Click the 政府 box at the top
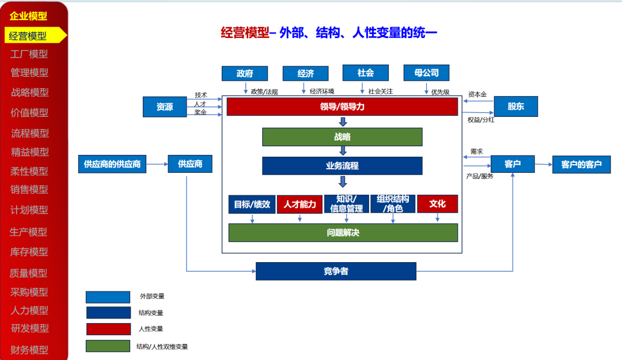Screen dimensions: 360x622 click(x=245, y=73)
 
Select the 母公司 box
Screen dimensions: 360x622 click(x=426, y=73)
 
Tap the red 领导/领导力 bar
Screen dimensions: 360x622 click(x=342, y=107)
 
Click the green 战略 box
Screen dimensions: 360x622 click(x=342, y=137)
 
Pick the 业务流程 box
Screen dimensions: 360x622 click(x=342, y=166)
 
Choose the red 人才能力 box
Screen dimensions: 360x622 click(x=299, y=204)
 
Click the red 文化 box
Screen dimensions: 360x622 click(x=437, y=204)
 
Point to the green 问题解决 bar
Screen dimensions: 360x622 click(x=343, y=233)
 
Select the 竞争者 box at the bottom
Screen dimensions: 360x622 click(x=336, y=271)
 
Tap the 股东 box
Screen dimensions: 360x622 click(x=515, y=107)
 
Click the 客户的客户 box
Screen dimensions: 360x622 click(x=581, y=164)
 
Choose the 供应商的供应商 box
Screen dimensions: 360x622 click(x=112, y=164)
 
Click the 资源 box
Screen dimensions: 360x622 click(x=165, y=107)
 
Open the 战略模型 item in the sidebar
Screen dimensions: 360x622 click(x=30, y=92)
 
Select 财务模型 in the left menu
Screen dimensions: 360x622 click(x=30, y=350)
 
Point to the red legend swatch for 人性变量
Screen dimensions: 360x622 click(x=108, y=329)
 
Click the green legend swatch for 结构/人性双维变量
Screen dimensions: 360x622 click(x=108, y=346)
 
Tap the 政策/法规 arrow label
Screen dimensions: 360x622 click(x=264, y=92)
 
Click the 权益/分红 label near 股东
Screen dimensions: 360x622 click(x=480, y=120)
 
